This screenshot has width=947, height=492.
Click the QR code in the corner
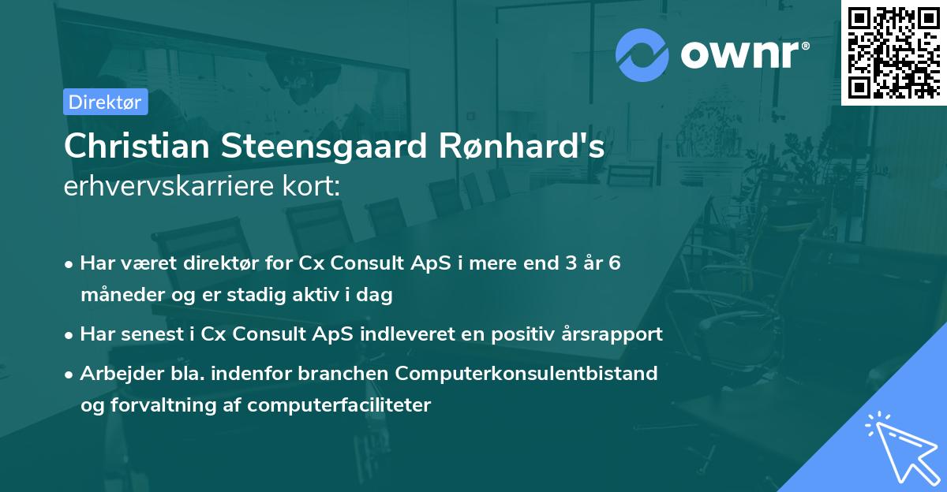(x=893, y=52)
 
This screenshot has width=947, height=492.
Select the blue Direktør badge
(x=105, y=102)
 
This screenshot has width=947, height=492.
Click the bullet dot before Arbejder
(x=70, y=374)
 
